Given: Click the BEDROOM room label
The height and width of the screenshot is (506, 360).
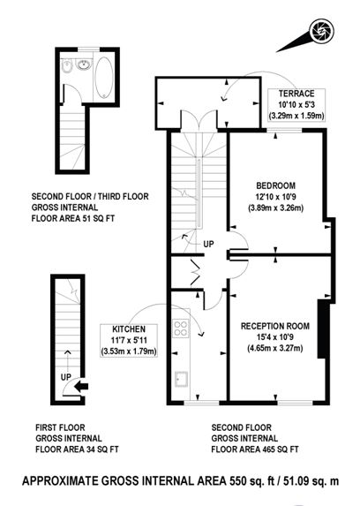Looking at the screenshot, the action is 275,185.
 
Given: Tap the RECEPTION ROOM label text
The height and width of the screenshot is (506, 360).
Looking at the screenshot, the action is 275,326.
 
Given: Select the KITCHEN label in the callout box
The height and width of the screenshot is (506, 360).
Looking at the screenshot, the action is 129,329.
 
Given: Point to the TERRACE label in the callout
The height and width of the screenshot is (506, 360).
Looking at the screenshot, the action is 296,94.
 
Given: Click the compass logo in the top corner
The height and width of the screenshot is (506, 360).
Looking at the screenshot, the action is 321,31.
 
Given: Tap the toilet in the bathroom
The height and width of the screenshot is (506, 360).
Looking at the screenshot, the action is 67,66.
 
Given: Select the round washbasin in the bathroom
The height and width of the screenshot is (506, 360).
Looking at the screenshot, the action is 84,64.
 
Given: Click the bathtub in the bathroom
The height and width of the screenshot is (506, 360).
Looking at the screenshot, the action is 104,78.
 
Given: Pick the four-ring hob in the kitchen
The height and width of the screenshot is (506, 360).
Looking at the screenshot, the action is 181,328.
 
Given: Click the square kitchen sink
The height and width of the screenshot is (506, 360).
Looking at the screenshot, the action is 181,379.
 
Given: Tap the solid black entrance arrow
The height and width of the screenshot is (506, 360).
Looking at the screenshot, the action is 81,386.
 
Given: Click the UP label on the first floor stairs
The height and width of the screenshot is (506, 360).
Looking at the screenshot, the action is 66,377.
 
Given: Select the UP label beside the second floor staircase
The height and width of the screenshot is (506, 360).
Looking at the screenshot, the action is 209,244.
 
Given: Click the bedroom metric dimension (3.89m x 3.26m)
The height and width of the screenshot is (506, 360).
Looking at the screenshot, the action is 276,208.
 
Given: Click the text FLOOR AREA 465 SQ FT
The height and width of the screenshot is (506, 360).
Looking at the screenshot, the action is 255,449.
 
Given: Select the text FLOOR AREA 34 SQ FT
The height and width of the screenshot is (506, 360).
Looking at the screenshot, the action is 77,449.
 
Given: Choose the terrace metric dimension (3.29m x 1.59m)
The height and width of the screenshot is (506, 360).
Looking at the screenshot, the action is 296,116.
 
